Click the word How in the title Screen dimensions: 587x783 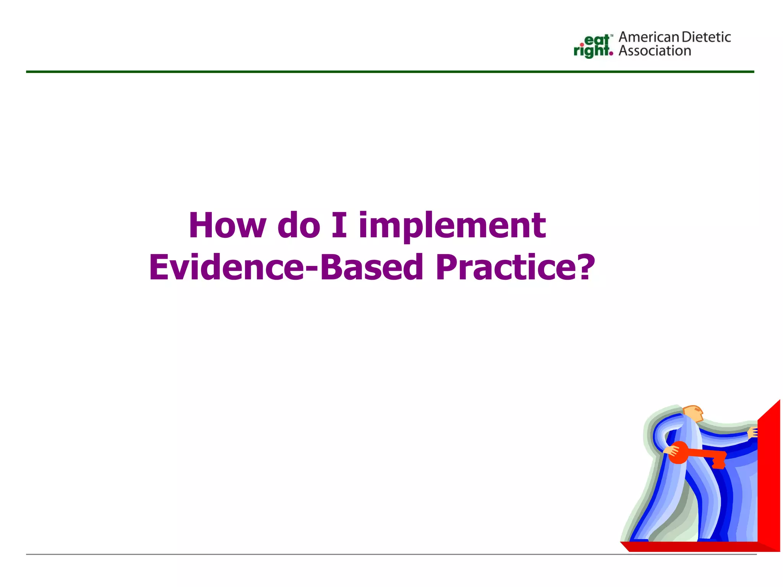click(227, 225)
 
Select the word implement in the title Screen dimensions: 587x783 click(452, 226)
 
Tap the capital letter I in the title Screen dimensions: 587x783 click(339, 225)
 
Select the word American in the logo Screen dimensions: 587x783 click(649, 37)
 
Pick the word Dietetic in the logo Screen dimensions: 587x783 click(706, 37)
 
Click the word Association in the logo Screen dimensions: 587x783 click(655, 51)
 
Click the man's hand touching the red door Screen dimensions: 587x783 click(753, 433)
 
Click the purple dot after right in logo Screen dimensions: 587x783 click(611, 54)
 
